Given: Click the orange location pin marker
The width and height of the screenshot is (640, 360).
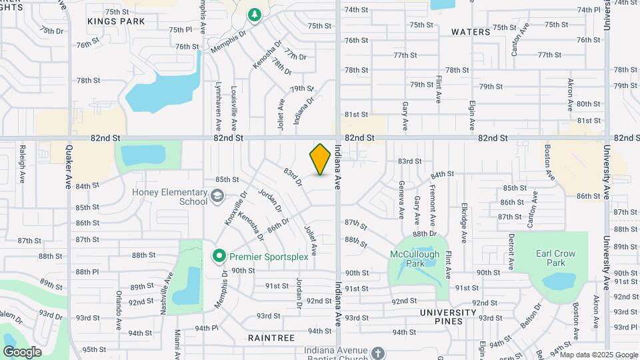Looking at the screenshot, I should point(321,159).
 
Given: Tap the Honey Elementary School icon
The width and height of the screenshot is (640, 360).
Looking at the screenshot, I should point(217,196).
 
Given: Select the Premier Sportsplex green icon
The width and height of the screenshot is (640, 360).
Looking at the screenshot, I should point(218,255).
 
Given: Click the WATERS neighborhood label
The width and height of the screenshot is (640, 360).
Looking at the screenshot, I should point(471,31).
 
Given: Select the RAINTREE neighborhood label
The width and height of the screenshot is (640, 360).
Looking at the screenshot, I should point(271,338).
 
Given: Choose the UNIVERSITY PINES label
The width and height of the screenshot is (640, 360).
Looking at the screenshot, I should point(449,317).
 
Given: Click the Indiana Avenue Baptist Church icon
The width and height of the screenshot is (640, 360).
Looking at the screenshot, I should point(378,352).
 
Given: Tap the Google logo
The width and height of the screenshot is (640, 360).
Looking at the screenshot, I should point(22,352).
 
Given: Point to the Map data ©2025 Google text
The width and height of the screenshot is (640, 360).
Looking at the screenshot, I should point(599,354).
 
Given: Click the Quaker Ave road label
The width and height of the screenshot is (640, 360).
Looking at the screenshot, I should point(67,170).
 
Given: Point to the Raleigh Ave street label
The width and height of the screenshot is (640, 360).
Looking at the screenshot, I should point(23,159).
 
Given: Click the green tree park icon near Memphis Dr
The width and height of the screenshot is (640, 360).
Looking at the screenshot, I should point(254,15).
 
